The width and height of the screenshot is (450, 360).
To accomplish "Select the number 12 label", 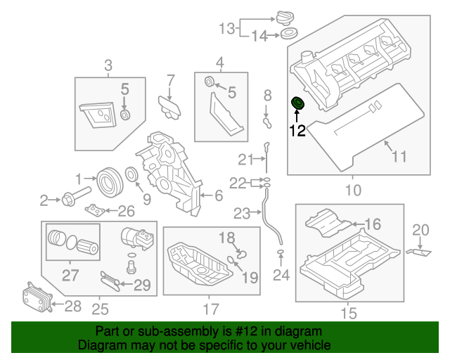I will point(297,130).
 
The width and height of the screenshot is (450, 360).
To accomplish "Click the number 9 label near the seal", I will point(146,198).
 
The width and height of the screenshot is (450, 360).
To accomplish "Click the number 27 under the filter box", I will point(70,275).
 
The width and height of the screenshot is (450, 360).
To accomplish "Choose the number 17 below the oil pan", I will point(212,308).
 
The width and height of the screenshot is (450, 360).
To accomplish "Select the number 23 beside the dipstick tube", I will point(243,212).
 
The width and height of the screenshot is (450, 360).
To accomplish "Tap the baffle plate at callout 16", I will point(326,223).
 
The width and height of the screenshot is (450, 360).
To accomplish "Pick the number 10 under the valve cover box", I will point(352,190).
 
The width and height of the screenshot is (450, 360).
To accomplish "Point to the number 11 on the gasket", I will point(399,156).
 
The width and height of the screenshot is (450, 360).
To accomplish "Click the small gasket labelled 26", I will point(96,210).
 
